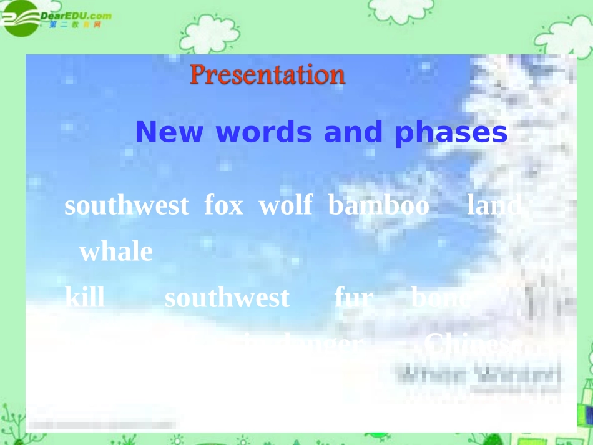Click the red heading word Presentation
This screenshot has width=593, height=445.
pyautogui.click(x=267, y=75)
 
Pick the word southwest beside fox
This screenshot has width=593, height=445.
pyautogui.click(x=126, y=205)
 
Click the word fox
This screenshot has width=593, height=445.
pyautogui.click(x=223, y=205)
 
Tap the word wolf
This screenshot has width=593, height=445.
pyautogui.click(x=285, y=205)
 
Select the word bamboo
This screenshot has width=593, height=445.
pyautogui.click(x=379, y=205)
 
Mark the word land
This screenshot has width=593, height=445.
pyautogui.click(x=494, y=205)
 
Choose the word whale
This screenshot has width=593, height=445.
pyautogui.click(x=115, y=252)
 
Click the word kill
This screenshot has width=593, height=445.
pyautogui.click(x=85, y=298)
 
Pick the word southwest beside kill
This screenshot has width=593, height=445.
pyautogui.click(x=227, y=298)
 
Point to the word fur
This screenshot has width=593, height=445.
pyautogui.click(x=353, y=298)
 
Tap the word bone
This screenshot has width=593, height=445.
pyautogui.click(x=438, y=298)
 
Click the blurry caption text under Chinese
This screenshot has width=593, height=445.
pyautogui.click(x=478, y=376)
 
